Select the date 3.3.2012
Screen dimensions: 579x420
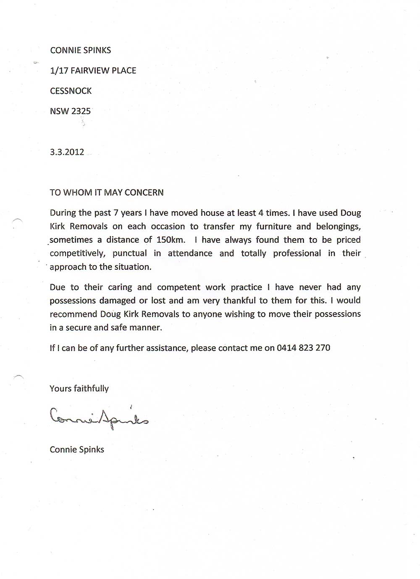(67, 152)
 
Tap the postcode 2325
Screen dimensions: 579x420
(81, 112)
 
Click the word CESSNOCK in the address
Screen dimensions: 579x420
(71, 91)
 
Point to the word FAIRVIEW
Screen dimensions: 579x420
(90, 71)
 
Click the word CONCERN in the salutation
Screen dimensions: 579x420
(144, 193)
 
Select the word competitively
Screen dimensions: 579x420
(77, 253)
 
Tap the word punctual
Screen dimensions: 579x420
(130, 253)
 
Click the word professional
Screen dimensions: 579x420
(297, 253)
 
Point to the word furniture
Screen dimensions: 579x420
(273, 226)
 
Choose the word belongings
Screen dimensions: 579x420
(338, 227)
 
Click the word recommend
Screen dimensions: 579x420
(73, 314)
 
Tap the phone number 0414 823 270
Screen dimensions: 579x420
(303, 348)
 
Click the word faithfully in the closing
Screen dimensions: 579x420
(91, 388)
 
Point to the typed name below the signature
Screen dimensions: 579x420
(77, 449)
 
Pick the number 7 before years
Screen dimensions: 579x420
(116, 213)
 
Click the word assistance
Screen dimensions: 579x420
(166, 348)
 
